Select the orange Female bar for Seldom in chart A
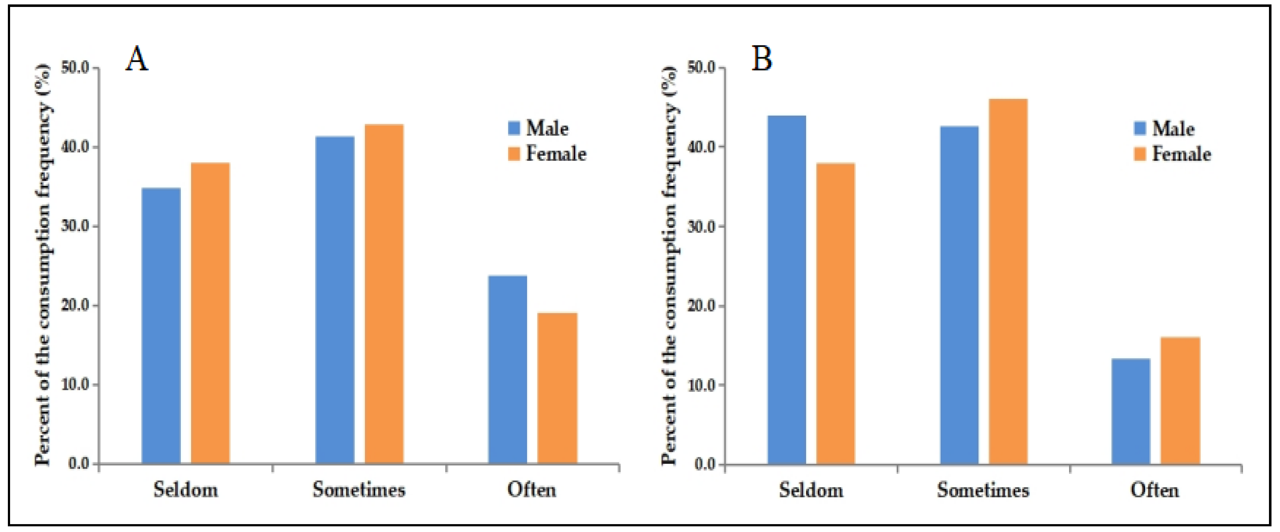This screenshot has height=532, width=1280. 210,313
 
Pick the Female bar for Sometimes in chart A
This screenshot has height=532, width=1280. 384,294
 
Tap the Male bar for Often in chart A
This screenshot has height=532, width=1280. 507,369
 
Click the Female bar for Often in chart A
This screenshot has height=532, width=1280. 557,388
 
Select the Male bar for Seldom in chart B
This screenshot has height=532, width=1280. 787,290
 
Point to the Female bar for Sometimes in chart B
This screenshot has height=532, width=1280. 1008,281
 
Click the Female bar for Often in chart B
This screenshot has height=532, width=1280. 1180,401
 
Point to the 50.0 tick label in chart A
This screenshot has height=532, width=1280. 75,68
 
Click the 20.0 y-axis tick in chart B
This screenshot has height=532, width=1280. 701,306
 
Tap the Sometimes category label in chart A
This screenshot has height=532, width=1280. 359,490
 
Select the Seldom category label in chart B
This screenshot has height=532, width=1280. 811,490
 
